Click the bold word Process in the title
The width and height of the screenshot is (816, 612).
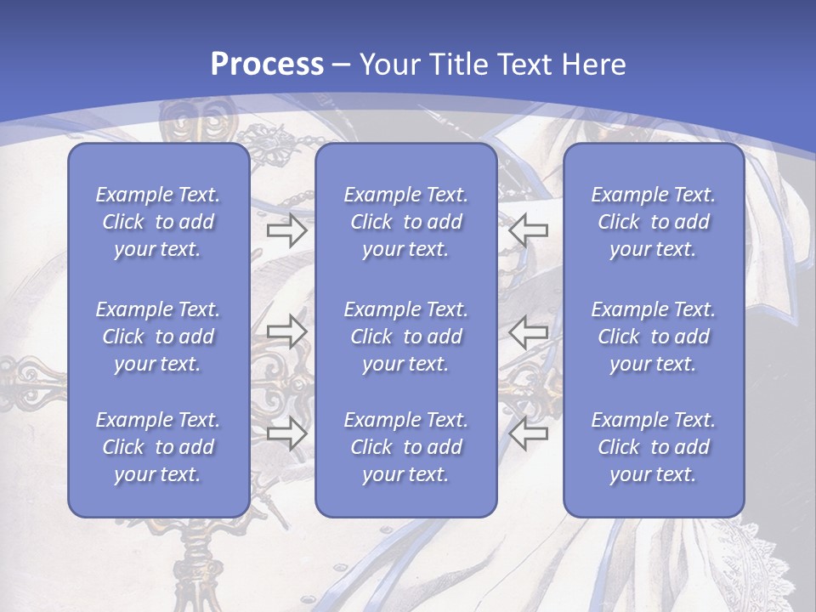[x=267, y=65]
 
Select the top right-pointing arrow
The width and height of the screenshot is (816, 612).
[x=286, y=230]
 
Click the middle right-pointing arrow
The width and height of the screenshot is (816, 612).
[x=286, y=331]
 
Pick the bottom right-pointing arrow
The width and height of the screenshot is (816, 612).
[x=286, y=433]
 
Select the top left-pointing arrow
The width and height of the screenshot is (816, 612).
[x=529, y=230]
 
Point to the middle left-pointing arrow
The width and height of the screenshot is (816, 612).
[x=529, y=331]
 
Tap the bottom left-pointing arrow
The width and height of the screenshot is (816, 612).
[x=529, y=433]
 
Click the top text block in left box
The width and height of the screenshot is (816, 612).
[x=158, y=222]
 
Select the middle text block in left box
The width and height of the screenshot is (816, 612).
[x=158, y=337]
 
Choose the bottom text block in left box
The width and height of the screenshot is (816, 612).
[x=158, y=447]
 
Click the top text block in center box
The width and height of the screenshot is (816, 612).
[x=405, y=222]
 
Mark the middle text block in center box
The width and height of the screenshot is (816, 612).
[x=405, y=337]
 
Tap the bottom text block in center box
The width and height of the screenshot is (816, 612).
[x=405, y=447]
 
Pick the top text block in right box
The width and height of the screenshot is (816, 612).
[x=654, y=222]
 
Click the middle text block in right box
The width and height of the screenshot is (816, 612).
[x=654, y=337]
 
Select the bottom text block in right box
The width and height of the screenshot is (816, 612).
[x=654, y=447]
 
